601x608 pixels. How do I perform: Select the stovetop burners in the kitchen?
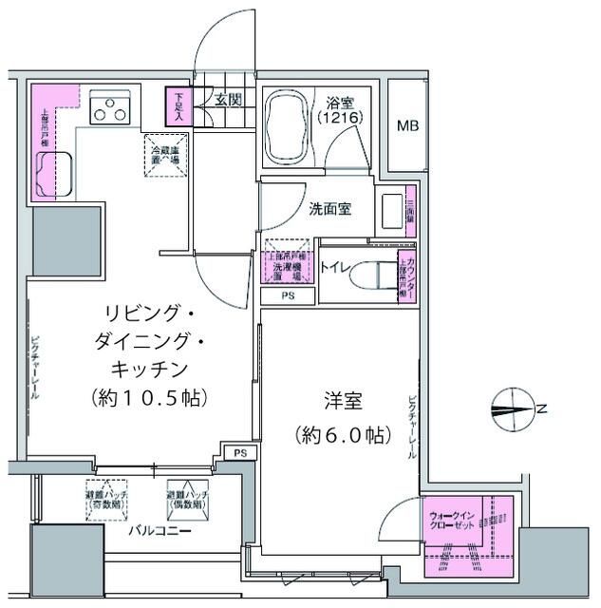click(x=110, y=110)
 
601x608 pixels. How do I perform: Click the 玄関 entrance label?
click(x=228, y=99)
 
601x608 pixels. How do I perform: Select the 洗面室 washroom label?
click(x=329, y=209)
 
